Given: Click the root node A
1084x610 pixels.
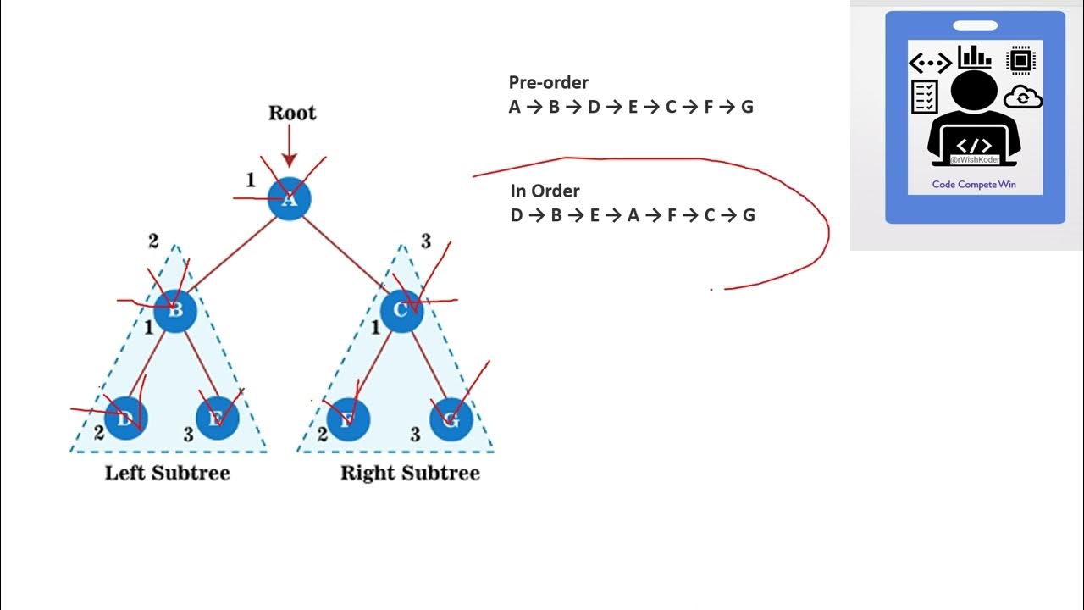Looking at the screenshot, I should point(290,199).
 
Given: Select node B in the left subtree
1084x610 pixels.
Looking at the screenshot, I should point(175,310).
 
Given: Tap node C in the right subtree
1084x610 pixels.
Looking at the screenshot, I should point(401,310).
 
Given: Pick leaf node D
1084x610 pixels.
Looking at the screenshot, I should point(126,418).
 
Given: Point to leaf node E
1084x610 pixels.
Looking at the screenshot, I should point(217,418).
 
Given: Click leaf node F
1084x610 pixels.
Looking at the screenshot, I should point(348,419).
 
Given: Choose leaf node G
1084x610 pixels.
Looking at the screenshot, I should point(451,419).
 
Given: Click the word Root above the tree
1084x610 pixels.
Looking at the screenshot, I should point(291,113).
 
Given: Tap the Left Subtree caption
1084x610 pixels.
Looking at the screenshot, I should point(167,473).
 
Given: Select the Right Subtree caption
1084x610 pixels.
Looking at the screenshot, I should point(410,473).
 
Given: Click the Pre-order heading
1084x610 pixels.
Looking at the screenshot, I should point(548,82).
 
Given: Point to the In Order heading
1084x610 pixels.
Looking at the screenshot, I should point(545,191).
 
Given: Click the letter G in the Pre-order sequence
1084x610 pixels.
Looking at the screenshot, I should point(747,107).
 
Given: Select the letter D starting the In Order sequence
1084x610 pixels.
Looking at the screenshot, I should point(517,215).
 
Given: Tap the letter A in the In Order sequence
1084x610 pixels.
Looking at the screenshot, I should point(633,215).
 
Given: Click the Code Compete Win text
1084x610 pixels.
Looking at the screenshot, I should point(974,184).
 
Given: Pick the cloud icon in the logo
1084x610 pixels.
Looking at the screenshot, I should point(1022,97).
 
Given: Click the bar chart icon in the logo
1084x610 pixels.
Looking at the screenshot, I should point(974,57).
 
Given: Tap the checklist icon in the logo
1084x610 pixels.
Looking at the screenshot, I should point(924,97).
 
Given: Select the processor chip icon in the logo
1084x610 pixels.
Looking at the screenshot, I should point(1021,59).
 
